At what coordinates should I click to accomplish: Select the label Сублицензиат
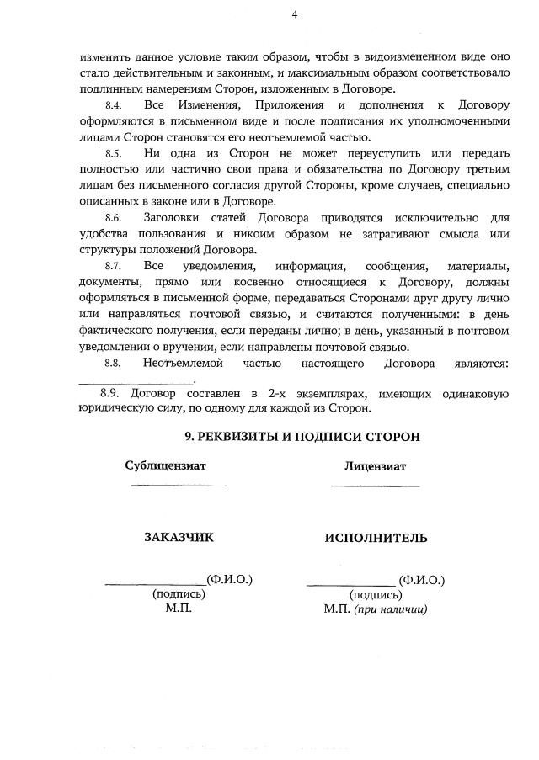tap(165, 465)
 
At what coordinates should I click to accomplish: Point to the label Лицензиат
tap(375, 465)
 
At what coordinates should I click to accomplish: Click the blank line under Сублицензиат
tap(178, 486)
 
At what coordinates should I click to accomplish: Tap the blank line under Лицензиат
tap(375, 486)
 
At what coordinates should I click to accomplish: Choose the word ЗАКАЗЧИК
tap(179, 537)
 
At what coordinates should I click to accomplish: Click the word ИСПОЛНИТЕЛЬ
tap(376, 537)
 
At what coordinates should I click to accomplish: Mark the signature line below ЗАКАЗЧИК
tap(155, 583)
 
